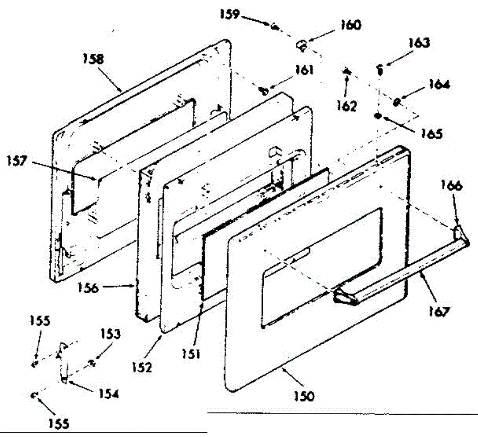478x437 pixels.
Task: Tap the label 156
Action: [x=88, y=287]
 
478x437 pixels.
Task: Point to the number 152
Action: [x=142, y=366]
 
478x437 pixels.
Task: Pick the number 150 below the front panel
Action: [x=304, y=396]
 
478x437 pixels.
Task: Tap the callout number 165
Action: [x=432, y=133]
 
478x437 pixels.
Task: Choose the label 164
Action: [x=439, y=84]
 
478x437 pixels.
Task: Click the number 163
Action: [x=419, y=43]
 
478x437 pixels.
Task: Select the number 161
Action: [x=304, y=70]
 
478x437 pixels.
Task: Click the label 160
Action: [x=350, y=25]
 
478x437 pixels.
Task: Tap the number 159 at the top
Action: [x=230, y=14]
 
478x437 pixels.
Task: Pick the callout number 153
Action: [x=110, y=334]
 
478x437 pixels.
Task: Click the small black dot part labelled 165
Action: [x=377, y=116]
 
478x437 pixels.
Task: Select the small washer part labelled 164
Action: [x=397, y=102]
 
